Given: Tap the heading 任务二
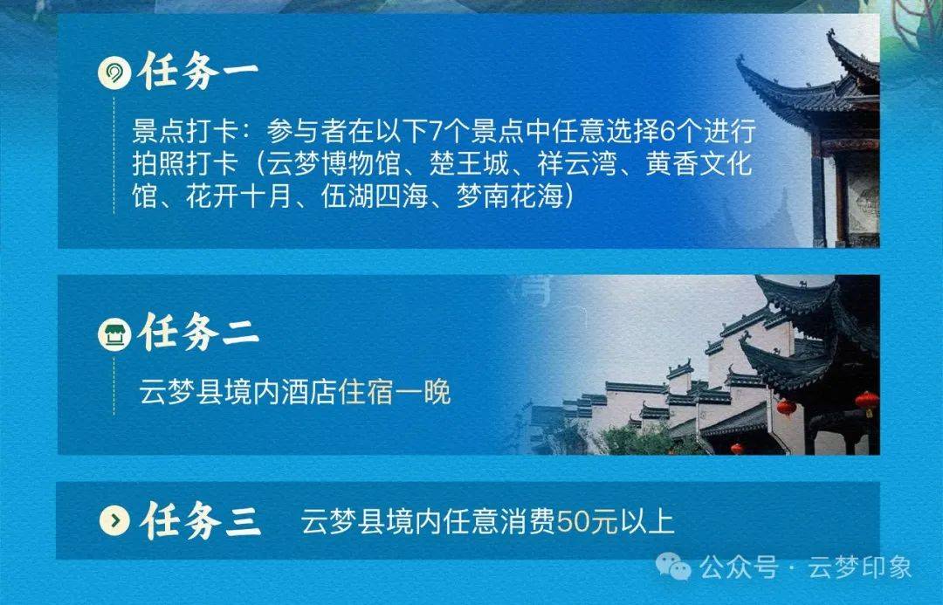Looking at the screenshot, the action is pyautogui.click(x=198, y=332).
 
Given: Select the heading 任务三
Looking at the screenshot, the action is pyautogui.click(x=201, y=519).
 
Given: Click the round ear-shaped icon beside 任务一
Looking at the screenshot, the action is pyautogui.click(x=114, y=73).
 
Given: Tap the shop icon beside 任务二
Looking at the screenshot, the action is pyautogui.click(x=114, y=333).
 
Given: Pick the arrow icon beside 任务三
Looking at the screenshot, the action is pyautogui.click(x=115, y=519).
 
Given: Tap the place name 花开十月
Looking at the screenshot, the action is pyautogui.click(x=239, y=196).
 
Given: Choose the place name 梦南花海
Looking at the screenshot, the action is pyautogui.click(x=509, y=196).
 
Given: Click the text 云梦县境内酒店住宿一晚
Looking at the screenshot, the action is pyautogui.click(x=295, y=393).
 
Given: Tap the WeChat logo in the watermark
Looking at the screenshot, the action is pyautogui.click(x=673, y=567).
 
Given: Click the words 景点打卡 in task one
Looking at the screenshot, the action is pyautogui.click(x=186, y=132).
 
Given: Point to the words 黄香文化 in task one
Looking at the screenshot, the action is pyautogui.click(x=699, y=163).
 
